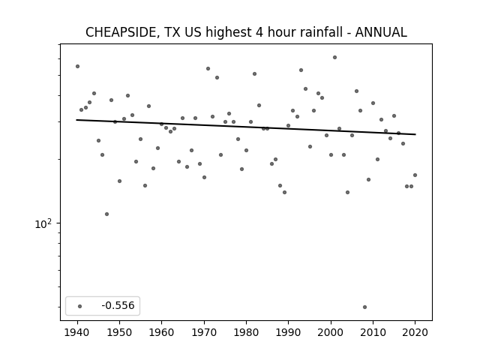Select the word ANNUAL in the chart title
tap(381, 32)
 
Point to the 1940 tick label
tap(77, 332)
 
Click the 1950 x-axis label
tap(120, 332)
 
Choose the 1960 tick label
tap(162, 332)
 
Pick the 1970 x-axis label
tap(204, 332)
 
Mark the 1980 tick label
tap(246, 332)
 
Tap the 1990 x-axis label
tap(288, 332)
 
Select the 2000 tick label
tap(331, 332)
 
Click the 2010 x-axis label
tap(373, 332)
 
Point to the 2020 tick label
tap(415, 332)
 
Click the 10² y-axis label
tap(43, 223)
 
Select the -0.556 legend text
tap(118, 305)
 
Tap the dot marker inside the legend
tap(80, 306)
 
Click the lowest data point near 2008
tap(364, 307)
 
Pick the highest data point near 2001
tap(335, 57)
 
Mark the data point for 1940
tap(77, 67)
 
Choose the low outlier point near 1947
tap(106, 214)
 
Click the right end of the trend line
tap(415, 134)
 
